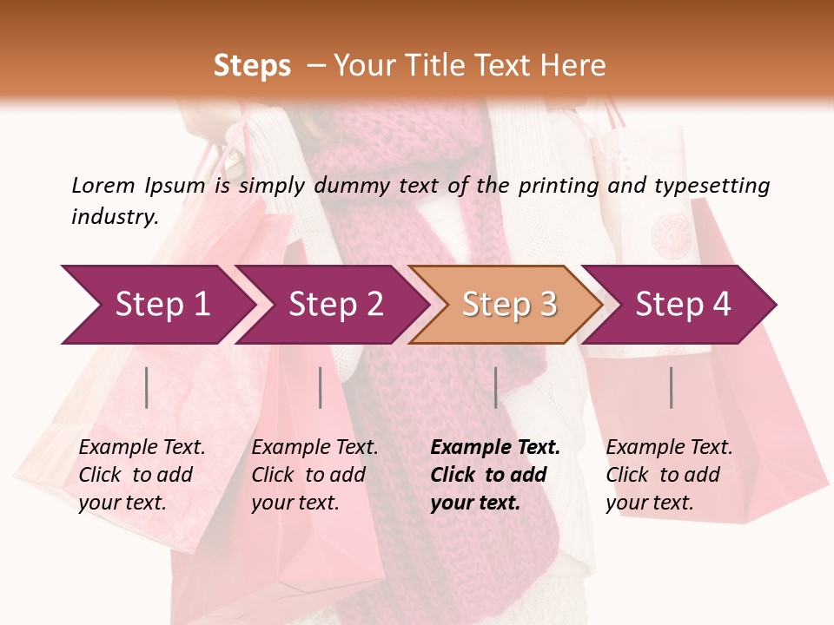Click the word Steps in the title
(252, 66)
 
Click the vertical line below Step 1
(147, 387)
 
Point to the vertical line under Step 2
(321, 387)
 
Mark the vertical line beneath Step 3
(495, 387)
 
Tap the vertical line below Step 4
(671, 387)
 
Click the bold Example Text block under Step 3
(495, 475)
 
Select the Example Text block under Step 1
(142, 475)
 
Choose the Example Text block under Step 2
(314, 475)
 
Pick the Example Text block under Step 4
(669, 475)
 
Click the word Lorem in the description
(103, 186)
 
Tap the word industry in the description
(115, 217)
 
